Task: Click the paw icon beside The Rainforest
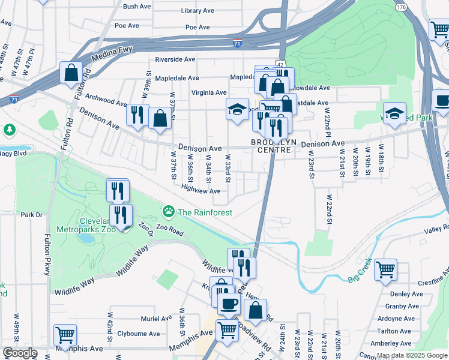click(x=169, y=211)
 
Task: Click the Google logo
click(x=20, y=353)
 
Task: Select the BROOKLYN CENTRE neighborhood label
click(x=274, y=146)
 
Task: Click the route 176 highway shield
click(x=401, y=7)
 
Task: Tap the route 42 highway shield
click(x=280, y=64)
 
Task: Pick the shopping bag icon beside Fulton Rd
click(x=71, y=73)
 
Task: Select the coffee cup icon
click(x=228, y=304)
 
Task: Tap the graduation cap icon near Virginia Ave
click(x=237, y=109)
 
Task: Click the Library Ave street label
click(x=197, y=11)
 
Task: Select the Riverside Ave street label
click(x=175, y=59)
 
